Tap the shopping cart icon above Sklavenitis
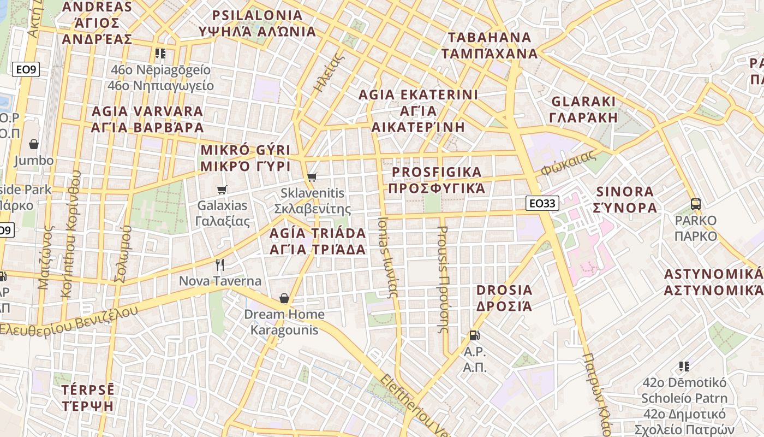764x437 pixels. point(312,177)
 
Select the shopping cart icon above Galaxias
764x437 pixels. point(222,190)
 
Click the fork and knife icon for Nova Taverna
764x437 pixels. point(220,265)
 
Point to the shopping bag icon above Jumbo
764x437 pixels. point(34,144)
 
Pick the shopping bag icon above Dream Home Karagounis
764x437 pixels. point(284,298)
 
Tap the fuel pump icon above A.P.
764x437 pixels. point(474,335)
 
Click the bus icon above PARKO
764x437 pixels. point(696,204)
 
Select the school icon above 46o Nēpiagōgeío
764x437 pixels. point(160,54)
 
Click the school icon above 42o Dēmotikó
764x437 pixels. point(684,366)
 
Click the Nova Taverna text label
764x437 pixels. point(220,281)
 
